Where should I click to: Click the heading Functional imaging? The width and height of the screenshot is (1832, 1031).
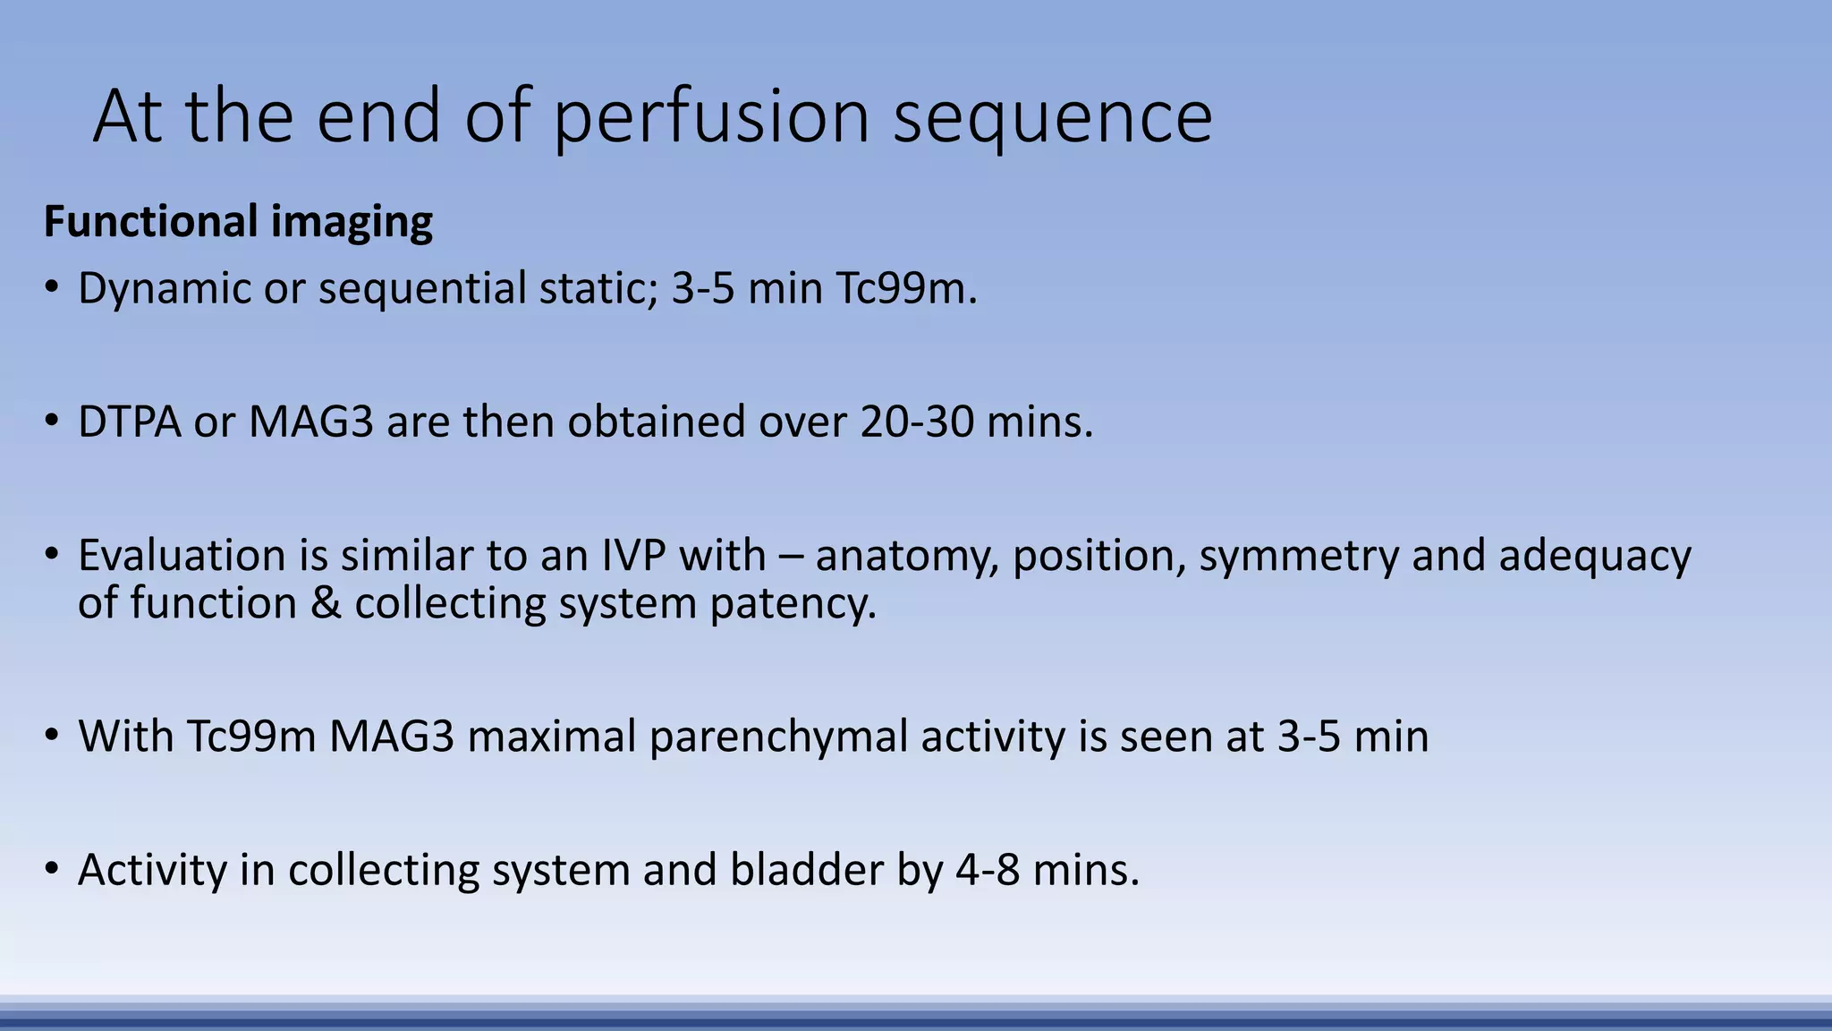[x=238, y=221]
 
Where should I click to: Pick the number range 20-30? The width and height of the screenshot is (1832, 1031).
[x=917, y=422]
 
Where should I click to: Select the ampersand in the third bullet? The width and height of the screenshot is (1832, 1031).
[x=326, y=603]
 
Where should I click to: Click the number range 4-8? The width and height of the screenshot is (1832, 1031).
[x=988, y=870]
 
